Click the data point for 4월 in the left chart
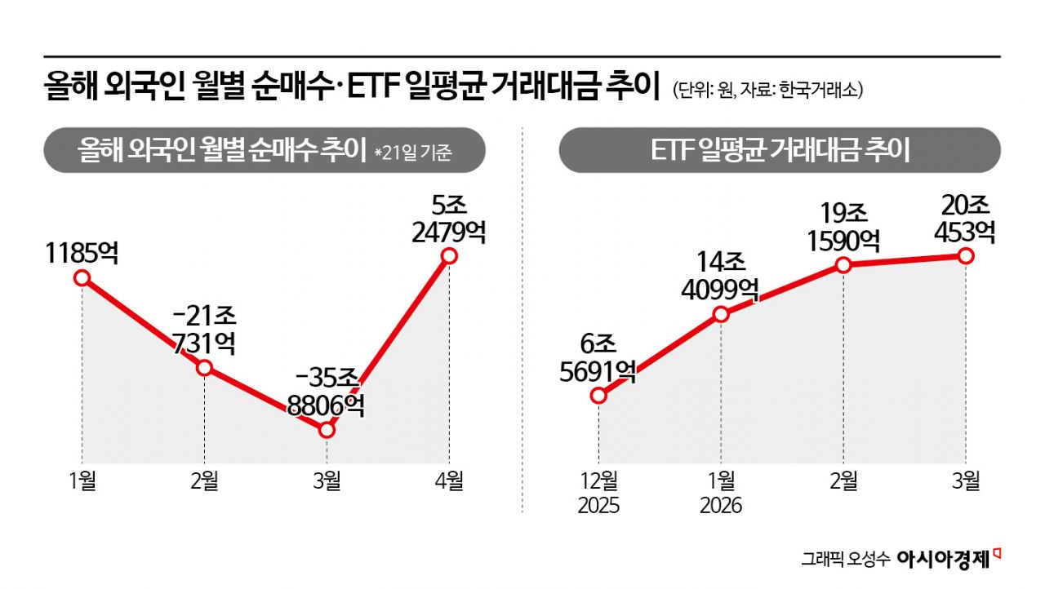(448, 256)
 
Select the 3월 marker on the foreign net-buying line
(327, 430)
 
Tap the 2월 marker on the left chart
(204, 368)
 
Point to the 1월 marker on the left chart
(82, 277)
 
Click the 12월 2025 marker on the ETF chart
(598, 396)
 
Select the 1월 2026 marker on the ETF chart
(721, 314)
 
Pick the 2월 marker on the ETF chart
(843, 264)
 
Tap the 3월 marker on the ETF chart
(966, 256)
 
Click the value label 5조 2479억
(448, 218)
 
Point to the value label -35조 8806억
(327, 391)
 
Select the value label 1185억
(82, 252)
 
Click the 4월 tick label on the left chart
(448, 481)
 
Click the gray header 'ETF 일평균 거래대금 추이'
(779, 151)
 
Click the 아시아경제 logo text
(942, 560)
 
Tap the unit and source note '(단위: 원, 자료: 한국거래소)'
(767, 91)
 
